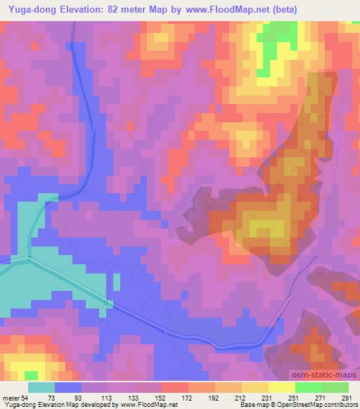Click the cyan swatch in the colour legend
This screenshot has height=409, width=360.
point(41,387)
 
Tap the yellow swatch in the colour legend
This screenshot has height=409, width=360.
point(282,387)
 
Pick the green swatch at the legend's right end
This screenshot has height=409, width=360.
point(335,387)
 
